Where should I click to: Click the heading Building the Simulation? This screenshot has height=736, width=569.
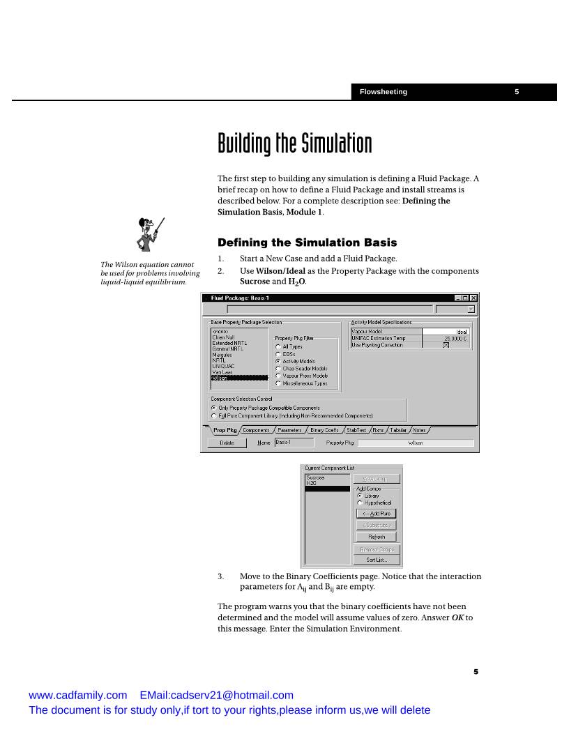(294, 144)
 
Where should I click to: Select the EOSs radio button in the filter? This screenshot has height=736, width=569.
(279, 354)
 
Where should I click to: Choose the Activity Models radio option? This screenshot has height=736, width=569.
(279, 361)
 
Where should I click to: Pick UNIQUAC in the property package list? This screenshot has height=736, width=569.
(223, 366)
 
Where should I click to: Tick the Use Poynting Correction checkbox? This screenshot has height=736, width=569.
(446, 345)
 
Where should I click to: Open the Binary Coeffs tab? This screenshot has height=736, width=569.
(324, 430)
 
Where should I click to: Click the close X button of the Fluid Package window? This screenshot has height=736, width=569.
(473, 298)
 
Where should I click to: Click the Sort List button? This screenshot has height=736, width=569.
(377, 560)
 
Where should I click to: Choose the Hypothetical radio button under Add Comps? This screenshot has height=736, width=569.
(360, 503)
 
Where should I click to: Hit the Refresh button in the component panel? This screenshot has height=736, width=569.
(377, 537)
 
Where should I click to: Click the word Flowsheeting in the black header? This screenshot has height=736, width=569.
(383, 92)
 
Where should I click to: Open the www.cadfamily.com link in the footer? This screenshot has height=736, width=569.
(77, 695)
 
